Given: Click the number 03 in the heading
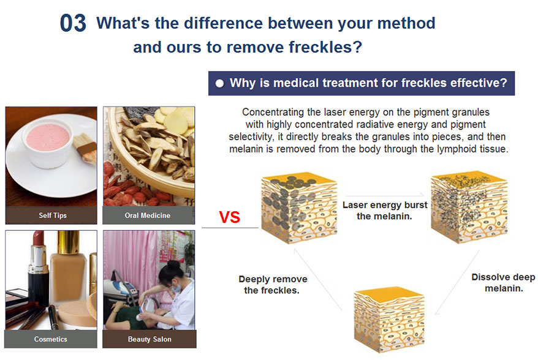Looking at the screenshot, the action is tap(73, 23).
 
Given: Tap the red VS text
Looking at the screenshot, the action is tap(230, 217).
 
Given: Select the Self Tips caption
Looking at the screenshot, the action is tap(53, 216).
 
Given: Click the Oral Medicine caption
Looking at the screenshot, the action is tap(148, 216).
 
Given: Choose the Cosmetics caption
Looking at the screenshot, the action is tap(51, 339).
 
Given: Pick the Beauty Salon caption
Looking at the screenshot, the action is tap(150, 339).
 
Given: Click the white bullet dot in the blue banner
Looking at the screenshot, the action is tap(219, 83).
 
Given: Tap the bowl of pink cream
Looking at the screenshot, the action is tap(47, 143).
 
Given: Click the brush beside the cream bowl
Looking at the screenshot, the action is tap(85, 148).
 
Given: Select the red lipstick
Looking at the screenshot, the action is tap(37, 268).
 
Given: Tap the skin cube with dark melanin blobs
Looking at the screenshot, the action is tap(298, 208).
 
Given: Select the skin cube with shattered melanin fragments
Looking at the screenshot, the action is tap(469, 207).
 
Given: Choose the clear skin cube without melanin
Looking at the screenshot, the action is tap(389, 320).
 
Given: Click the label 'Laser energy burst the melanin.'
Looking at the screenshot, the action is tap(385, 211).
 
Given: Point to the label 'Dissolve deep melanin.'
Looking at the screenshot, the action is tap(503, 282).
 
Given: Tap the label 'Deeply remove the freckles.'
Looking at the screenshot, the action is tap(273, 285).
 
